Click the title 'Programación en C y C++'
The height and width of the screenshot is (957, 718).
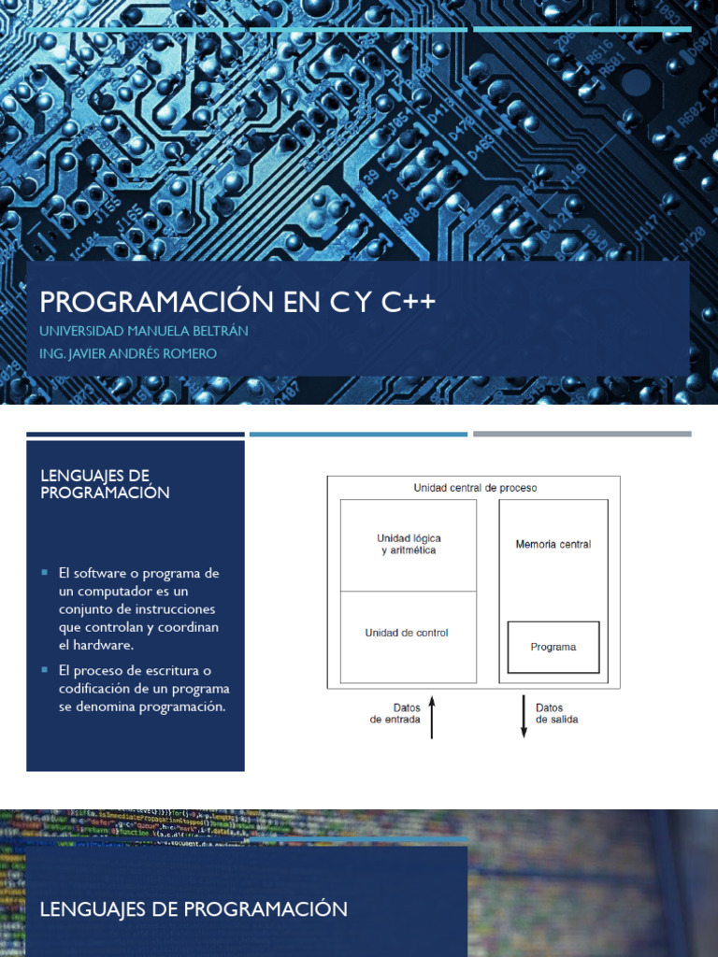(237, 302)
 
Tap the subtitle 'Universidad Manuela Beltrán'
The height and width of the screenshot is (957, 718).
(143, 331)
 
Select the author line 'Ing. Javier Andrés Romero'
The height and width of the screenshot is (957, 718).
(128, 353)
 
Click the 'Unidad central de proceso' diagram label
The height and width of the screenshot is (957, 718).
(475, 488)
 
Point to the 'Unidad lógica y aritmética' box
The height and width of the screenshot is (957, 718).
(409, 544)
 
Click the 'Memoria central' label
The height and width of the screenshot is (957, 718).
(553, 544)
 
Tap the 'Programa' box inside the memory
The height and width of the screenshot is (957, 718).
(553, 647)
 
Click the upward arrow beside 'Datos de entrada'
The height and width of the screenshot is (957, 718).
(431, 717)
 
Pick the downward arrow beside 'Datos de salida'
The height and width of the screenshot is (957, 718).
(524, 717)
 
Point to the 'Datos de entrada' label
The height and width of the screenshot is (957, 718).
(395, 714)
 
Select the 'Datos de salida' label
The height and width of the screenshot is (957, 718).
(556, 714)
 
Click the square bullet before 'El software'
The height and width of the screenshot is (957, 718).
(44, 573)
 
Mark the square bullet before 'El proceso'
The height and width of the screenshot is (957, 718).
(44, 670)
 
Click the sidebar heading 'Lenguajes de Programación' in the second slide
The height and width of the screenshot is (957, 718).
(105, 484)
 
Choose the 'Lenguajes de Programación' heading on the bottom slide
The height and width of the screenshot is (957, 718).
(194, 908)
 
